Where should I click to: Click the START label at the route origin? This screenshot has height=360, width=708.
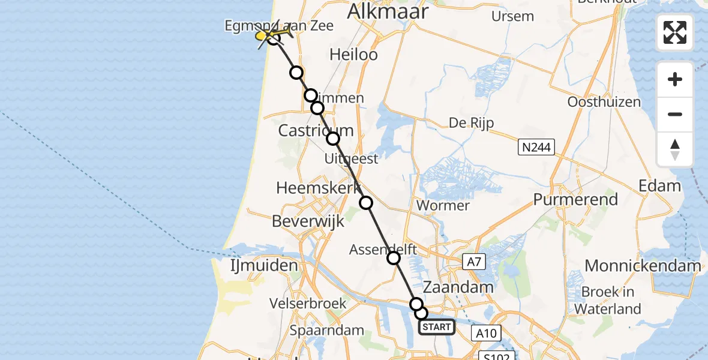(x=436, y=327)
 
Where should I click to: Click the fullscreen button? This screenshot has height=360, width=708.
(x=675, y=32)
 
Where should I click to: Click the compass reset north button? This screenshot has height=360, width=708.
(x=675, y=149)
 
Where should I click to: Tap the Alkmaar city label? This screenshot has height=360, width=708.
(x=388, y=11)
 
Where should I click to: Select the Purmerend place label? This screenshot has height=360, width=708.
(x=575, y=199)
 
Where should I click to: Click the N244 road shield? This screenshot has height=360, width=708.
(x=537, y=147)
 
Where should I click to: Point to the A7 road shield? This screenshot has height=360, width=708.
(x=475, y=261)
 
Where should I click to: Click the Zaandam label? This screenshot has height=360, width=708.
(x=458, y=287)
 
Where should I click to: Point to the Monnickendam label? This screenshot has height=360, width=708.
(x=643, y=265)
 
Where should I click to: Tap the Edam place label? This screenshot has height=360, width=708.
(x=660, y=185)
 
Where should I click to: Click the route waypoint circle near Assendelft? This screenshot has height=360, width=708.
(x=394, y=258)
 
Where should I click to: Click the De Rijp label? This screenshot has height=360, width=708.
(x=471, y=123)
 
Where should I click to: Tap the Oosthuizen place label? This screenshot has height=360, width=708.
(x=604, y=102)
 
